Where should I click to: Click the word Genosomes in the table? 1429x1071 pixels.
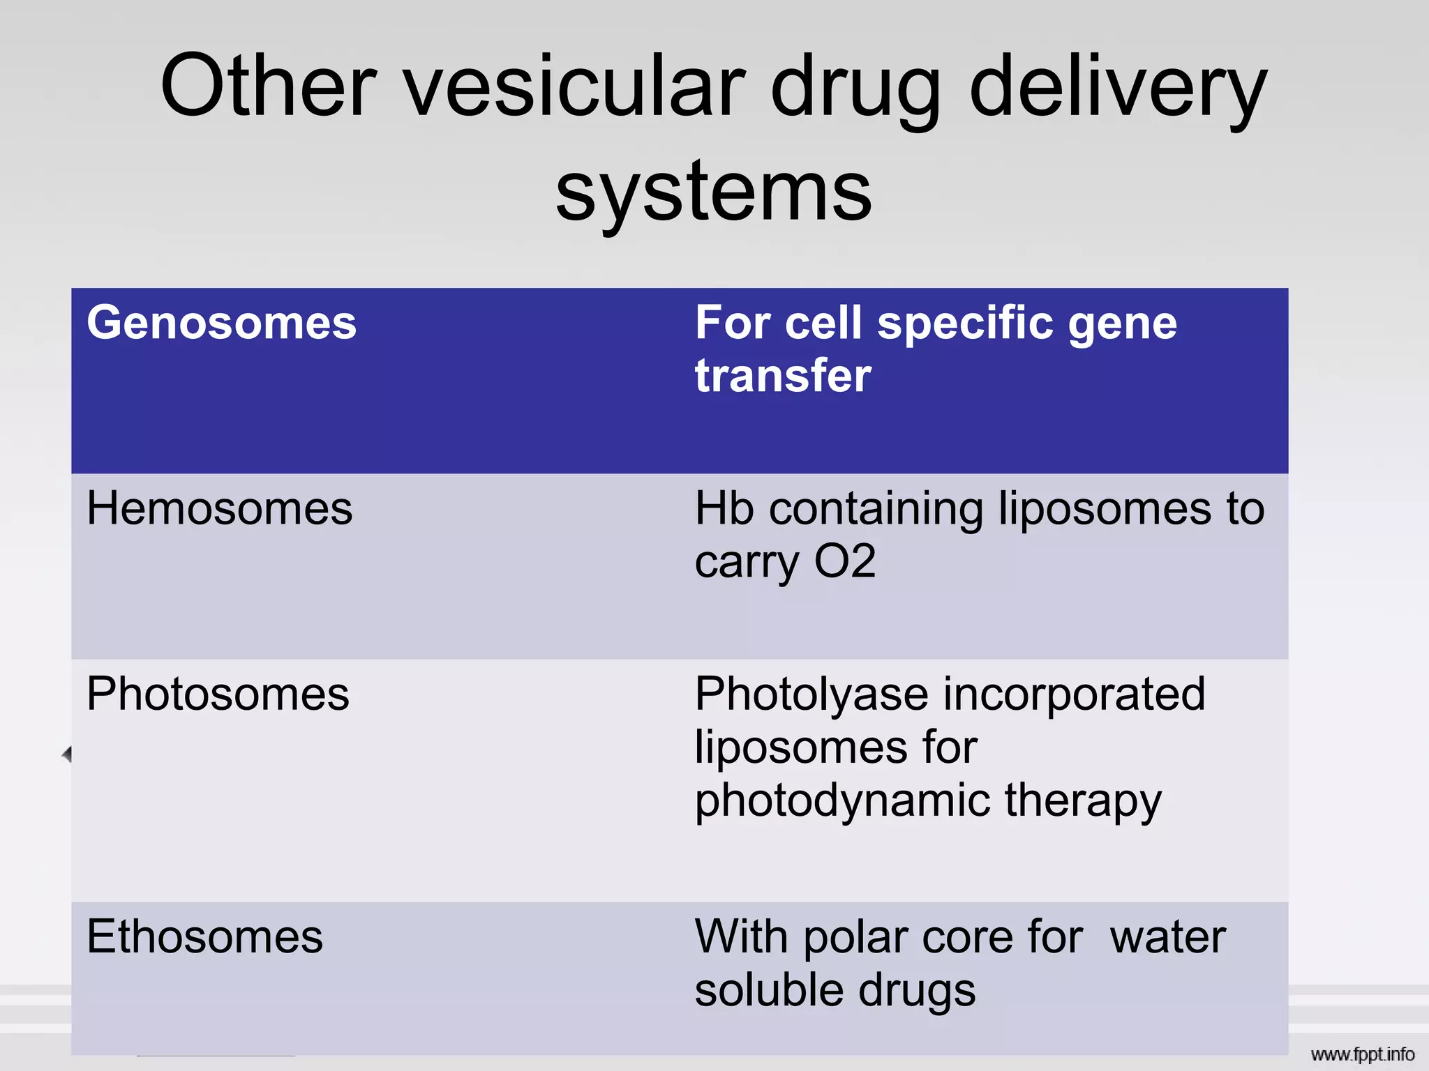click(221, 324)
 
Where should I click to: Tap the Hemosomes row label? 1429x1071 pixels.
click(219, 508)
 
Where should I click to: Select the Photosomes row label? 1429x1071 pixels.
click(218, 694)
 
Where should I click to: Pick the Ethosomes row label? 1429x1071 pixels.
click(204, 936)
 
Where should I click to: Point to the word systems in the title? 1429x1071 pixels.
click(714, 191)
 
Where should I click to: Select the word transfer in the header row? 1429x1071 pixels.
click(783, 376)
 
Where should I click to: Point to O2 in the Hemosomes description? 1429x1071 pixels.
click(845, 561)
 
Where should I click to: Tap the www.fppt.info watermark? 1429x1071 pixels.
click(1362, 1054)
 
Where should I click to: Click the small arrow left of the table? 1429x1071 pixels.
click(67, 754)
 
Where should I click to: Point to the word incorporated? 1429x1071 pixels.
click(1075, 695)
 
